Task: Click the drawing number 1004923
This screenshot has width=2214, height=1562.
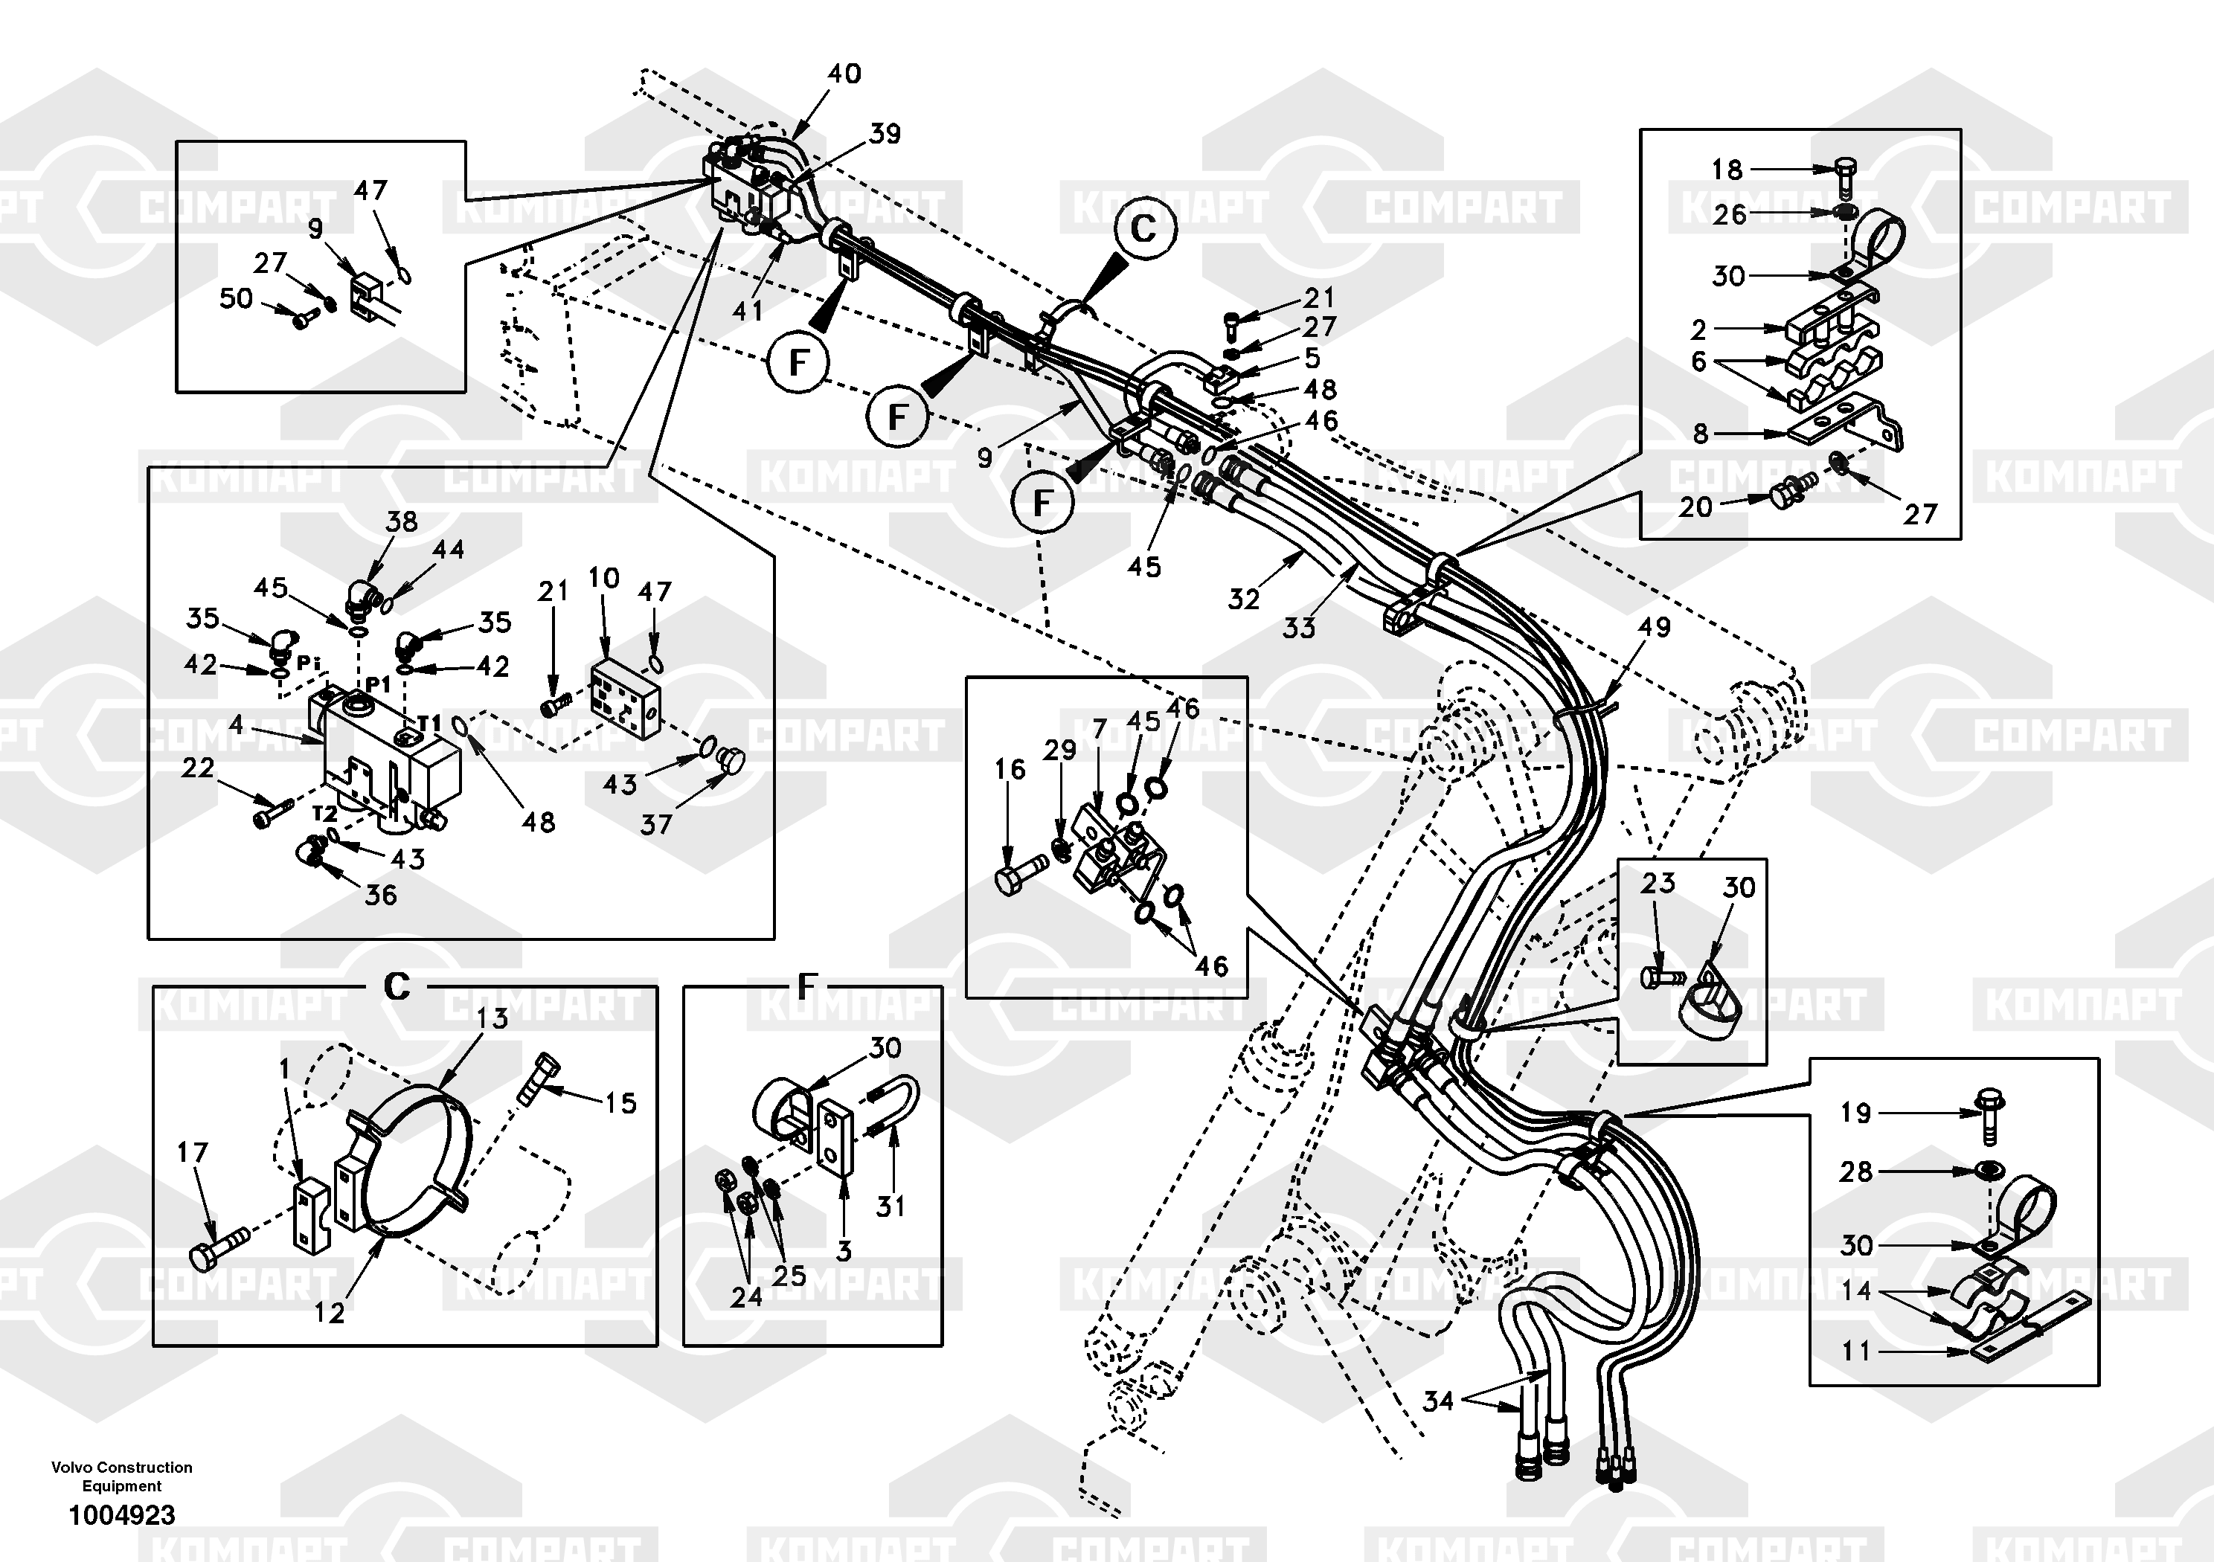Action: [x=121, y=1514]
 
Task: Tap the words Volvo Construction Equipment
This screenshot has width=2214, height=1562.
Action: [x=121, y=1476]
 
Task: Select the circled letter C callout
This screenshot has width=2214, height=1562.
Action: [x=1143, y=230]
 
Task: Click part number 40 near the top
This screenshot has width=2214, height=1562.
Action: [x=844, y=74]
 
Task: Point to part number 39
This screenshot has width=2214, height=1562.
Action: [x=885, y=134]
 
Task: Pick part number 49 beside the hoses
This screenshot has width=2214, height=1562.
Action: [x=1654, y=627]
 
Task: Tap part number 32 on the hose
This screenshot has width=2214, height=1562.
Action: [x=1243, y=599]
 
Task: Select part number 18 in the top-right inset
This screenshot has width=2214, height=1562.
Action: [x=1726, y=170]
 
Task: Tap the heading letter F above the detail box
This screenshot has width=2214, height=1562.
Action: [x=807, y=986]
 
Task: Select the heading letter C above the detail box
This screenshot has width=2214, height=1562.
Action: [x=397, y=986]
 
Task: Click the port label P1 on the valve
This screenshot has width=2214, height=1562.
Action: [x=378, y=684]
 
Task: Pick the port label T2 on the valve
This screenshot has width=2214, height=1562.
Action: [x=325, y=814]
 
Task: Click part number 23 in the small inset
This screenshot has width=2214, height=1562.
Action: [x=1658, y=882]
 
